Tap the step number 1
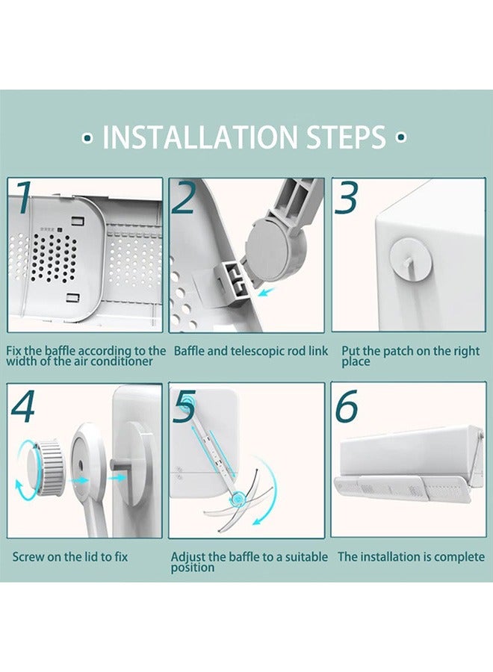click(x=22, y=199)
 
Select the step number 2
click(x=183, y=199)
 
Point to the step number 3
click(x=347, y=198)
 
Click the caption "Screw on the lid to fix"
click(x=69, y=557)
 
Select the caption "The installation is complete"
click(x=411, y=557)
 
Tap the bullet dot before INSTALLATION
click(x=88, y=138)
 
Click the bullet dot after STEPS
click(x=401, y=138)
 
